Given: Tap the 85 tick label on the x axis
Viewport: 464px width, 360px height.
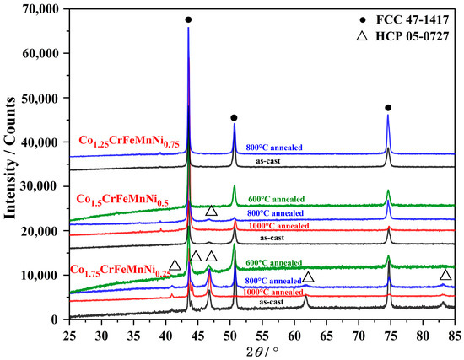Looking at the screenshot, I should [453, 334].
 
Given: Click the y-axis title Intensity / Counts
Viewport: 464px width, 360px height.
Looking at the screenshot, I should [12, 164].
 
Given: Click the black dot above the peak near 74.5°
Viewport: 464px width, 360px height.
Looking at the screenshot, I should [388, 107].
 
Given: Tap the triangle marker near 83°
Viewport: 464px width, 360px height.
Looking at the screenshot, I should [445, 276].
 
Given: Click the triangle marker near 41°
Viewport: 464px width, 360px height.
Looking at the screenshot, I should [175, 266].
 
